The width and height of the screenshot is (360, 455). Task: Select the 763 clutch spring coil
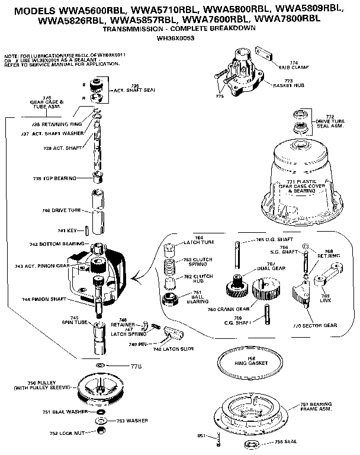click(170, 264)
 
